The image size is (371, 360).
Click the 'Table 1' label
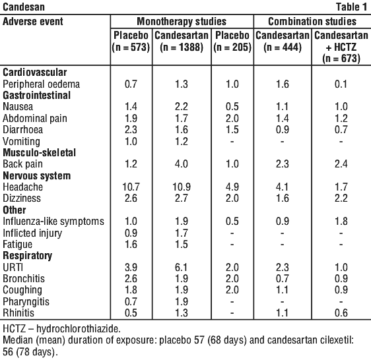coord(351,7)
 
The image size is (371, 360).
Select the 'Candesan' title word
coord(24,7)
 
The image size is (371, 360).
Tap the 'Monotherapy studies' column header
coord(182,22)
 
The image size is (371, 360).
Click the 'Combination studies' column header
coord(312,22)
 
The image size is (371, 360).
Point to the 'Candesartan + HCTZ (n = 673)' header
coord(341,47)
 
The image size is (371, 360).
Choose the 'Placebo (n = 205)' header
coord(232,41)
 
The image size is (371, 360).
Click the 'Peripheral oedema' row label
coord(41,84)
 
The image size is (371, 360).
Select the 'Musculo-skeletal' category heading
coord(39,152)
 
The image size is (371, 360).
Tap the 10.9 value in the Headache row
coord(182,187)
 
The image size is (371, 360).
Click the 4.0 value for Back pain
coord(182,164)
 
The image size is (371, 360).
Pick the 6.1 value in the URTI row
coord(182,267)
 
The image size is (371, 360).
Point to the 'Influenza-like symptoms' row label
coord(53,222)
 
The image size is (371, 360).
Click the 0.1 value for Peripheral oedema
coord(341,84)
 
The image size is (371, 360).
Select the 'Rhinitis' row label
coord(18,313)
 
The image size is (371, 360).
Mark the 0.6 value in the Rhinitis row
coord(341,313)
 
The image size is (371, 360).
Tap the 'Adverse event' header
coord(33,22)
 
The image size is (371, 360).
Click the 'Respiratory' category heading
coord(28,256)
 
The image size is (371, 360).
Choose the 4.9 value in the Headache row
coord(232,187)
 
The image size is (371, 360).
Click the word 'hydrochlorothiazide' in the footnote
coord(79,329)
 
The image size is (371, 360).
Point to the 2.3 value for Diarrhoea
coord(131,129)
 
